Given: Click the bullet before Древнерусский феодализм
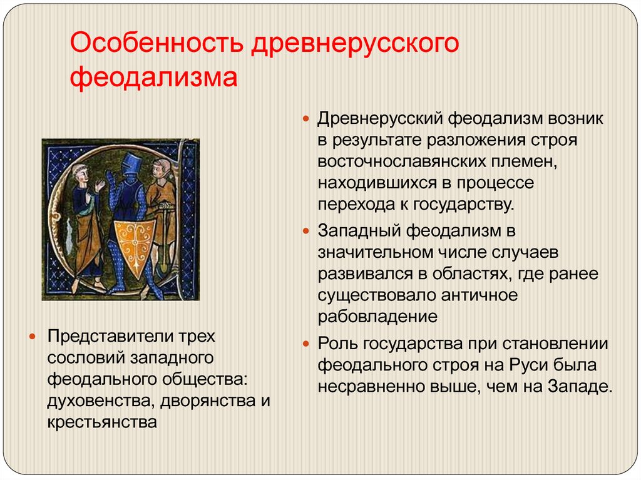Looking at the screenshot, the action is coord(306,119).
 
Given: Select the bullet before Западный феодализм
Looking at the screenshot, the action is coord(306,232).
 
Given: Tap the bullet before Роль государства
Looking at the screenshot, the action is coord(306,344).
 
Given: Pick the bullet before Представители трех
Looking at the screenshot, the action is coord(33,337).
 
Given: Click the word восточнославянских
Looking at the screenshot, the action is coord(416,161).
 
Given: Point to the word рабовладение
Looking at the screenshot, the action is coord(377,317).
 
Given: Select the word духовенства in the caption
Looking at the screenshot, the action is coord(101,401).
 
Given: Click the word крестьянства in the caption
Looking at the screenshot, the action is coord(102,422).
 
